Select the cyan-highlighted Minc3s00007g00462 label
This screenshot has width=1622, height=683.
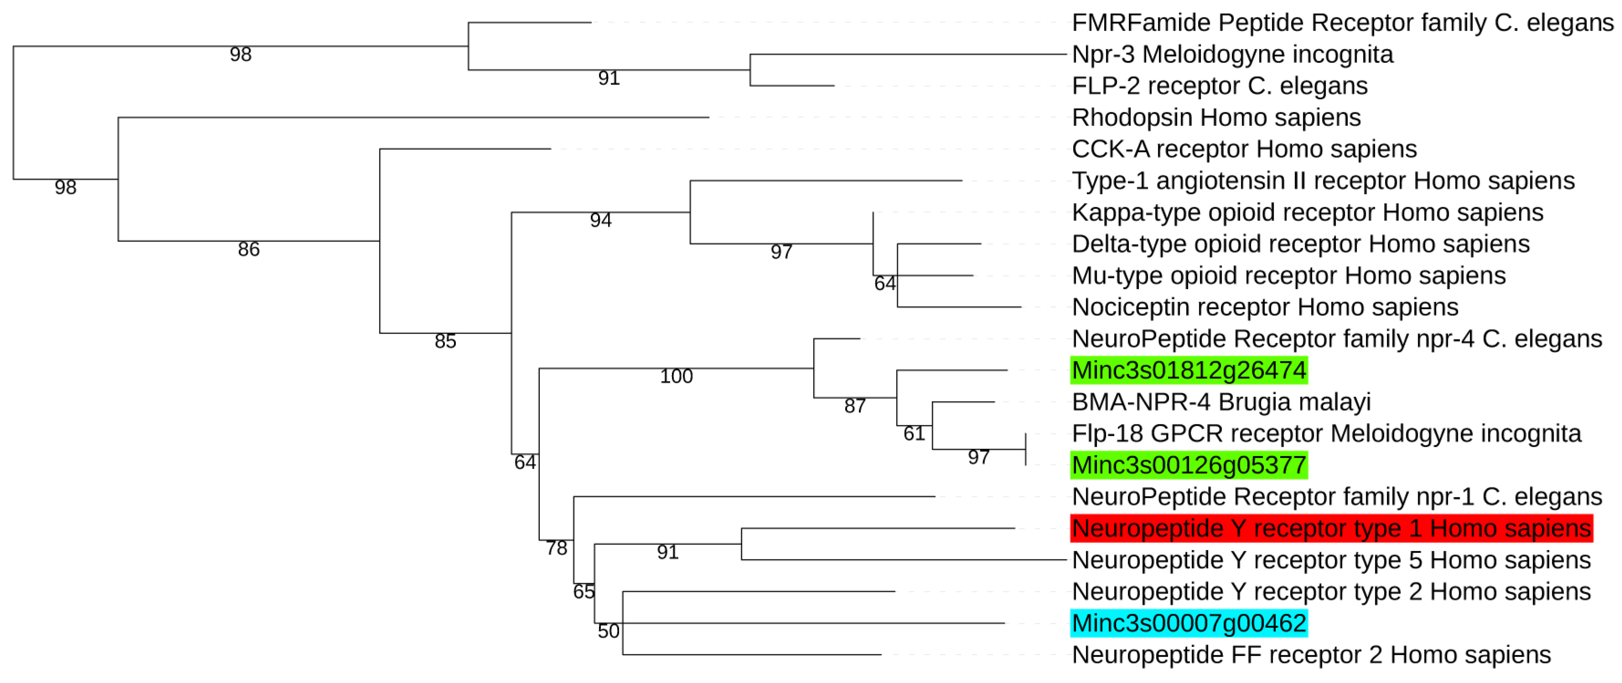pyautogui.click(x=1189, y=623)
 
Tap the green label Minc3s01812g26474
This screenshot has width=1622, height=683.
pyautogui.click(x=1189, y=370)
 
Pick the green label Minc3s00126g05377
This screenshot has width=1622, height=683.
pyautogui.click(x=1189, y=465)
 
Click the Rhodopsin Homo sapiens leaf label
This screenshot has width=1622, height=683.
pyautogui.click(x=1216, y=118)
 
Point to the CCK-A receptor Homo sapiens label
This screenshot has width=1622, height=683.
pyautogui.click(x=1244, y=149)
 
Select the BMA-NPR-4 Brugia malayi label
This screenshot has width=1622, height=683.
pyautogui.click(x=1221, y=402)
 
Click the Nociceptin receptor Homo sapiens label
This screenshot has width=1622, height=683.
pyautogui.click(x=1265, y=308)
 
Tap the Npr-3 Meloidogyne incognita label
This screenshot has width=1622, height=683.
pyautogui.click(x=1232, y=55)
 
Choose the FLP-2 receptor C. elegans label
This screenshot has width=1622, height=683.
pyautogui.click(x=1219, y=86)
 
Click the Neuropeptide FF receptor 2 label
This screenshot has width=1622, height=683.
pyautogui.click(x=1311, y=655)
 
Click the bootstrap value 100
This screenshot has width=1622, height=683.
pyautogui.click(x=676, y=376)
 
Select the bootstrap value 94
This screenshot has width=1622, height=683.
pyautogui.click(x=601, y=220)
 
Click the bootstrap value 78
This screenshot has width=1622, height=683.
pyautogui.click(x=557, y=548)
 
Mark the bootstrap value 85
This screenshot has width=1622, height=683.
pyautogui.click(x=445, y=341)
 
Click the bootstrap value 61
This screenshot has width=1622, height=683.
pyautogui.click(x=914, y=433)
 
